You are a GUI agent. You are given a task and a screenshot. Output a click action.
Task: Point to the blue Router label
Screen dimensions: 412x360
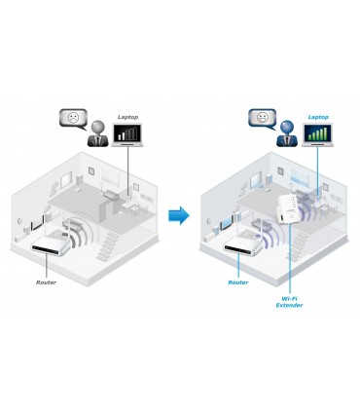pyautogui.click(x=238, y=281)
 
